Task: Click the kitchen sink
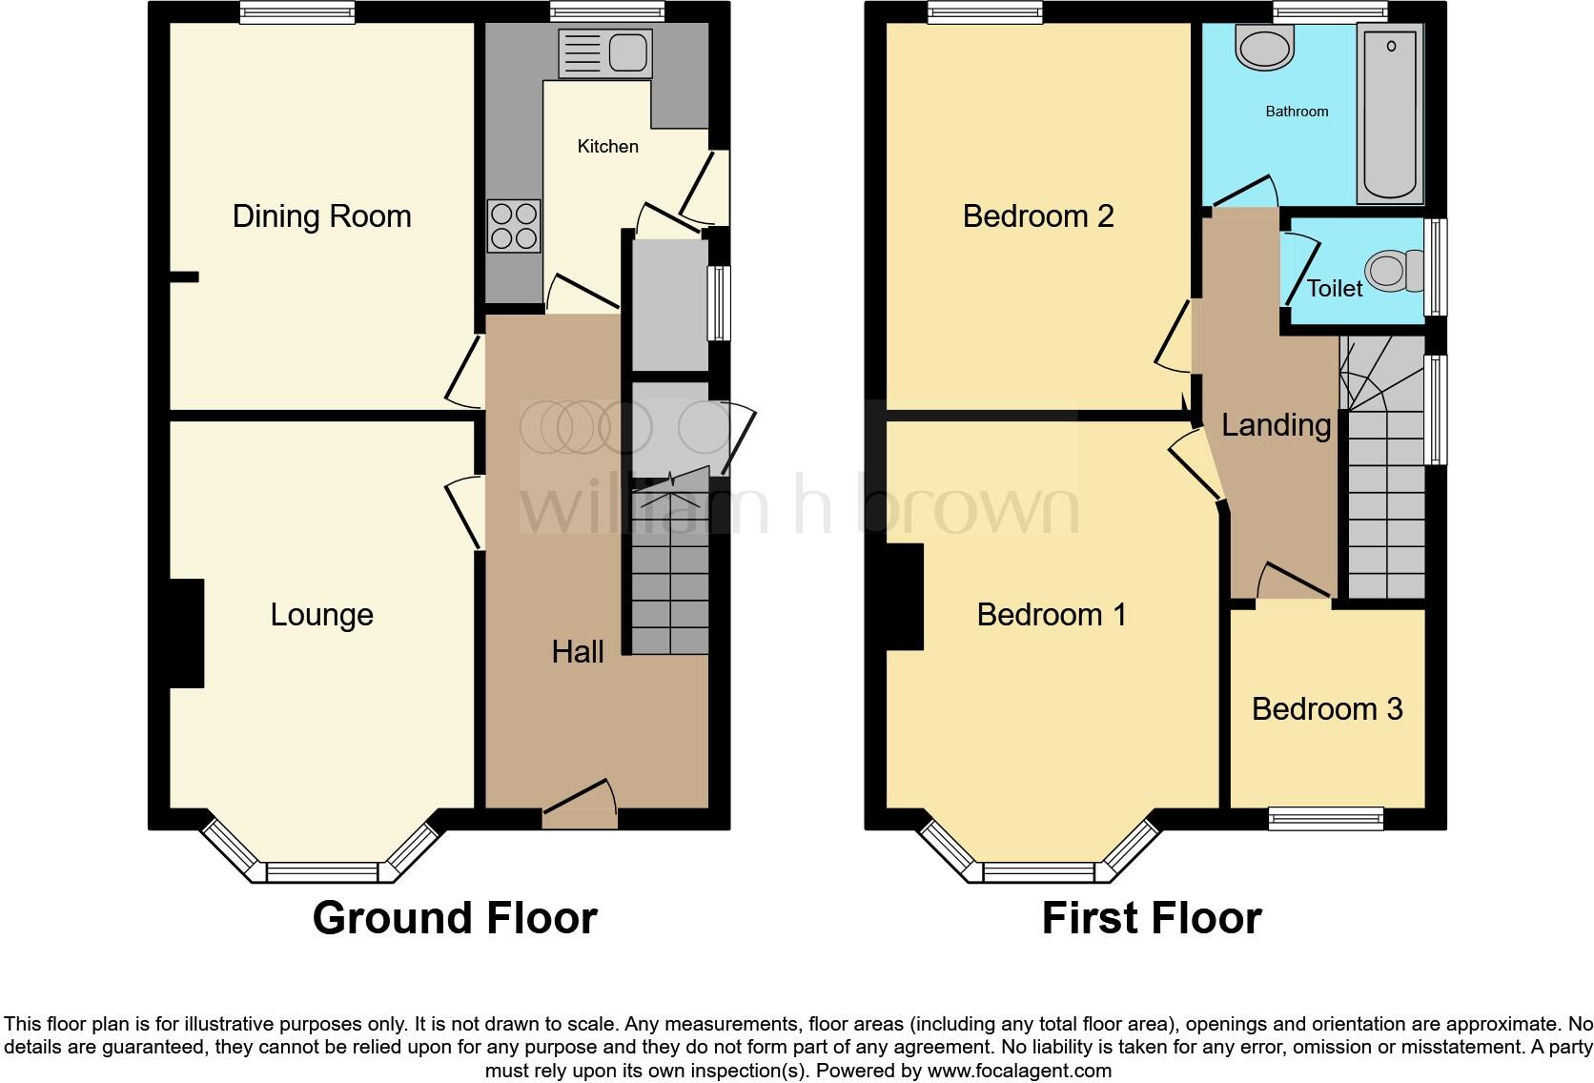coord(603,51)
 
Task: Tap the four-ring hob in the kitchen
coord(514,226)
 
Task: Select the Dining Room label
coord(321,216)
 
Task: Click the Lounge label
coord(321,615)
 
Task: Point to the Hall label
coord(578,652)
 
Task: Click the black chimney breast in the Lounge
coord(187,633)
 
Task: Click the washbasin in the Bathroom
coord(1264,45)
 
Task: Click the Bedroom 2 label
coord(1038,216)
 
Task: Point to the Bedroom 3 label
coord(1327,709)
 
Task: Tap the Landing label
coord(1276,425)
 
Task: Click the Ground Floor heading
coord(455,918)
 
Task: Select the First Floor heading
coord(1152,918)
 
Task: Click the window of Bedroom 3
coord(1325,817)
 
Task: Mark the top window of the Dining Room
coord(297,12)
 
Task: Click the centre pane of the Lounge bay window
coord(321,871)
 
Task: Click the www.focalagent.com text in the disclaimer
coord(1019,1071)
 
